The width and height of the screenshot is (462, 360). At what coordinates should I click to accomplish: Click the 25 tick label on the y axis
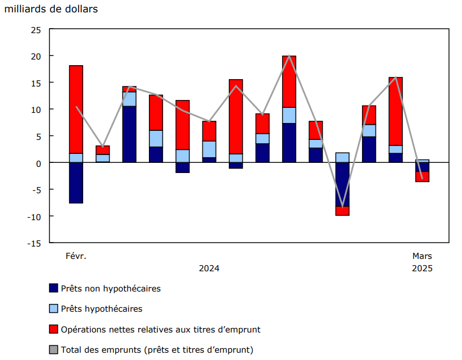[35, 30]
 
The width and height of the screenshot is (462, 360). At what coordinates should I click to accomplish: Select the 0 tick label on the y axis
[38, 163]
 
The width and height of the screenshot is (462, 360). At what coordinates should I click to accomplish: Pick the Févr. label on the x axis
[76, 256]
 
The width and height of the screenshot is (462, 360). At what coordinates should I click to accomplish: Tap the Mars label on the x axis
[422, 256]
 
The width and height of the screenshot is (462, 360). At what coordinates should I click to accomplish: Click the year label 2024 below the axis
[209, 268]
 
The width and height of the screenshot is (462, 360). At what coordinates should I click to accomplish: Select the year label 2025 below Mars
[422, 268]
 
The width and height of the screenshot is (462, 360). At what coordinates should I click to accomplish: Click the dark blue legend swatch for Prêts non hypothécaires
[54, 289]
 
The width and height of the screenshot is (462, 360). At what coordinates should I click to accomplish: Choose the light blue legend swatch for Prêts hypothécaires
[54, 309]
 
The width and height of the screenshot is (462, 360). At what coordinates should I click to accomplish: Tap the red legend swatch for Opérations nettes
[54, 329]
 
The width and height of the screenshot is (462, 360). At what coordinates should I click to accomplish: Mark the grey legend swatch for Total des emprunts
[54, 349]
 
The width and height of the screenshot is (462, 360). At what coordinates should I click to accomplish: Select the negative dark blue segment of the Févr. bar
[76, 183]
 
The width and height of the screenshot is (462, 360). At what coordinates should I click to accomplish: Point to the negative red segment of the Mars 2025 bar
[422, 177]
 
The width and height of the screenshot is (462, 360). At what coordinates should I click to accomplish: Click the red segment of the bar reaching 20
[289, 81]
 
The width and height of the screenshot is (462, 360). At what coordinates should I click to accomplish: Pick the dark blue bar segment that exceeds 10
[129, 134]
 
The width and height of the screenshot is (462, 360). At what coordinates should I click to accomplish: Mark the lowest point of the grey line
[342, 207]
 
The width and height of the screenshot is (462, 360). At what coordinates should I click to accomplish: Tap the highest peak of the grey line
[289, 56]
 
